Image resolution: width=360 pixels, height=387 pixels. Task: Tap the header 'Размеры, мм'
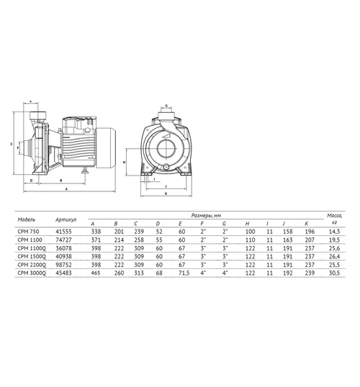pyautogui.click(x=210, y=214)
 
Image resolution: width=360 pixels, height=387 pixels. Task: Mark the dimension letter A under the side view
pyautogui.click(x=66, y=188)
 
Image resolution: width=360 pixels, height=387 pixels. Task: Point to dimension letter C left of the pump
pyautogui.click(x=12, y=144)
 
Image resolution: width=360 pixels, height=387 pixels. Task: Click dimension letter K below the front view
pyautogui.click(x=165, y=193)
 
